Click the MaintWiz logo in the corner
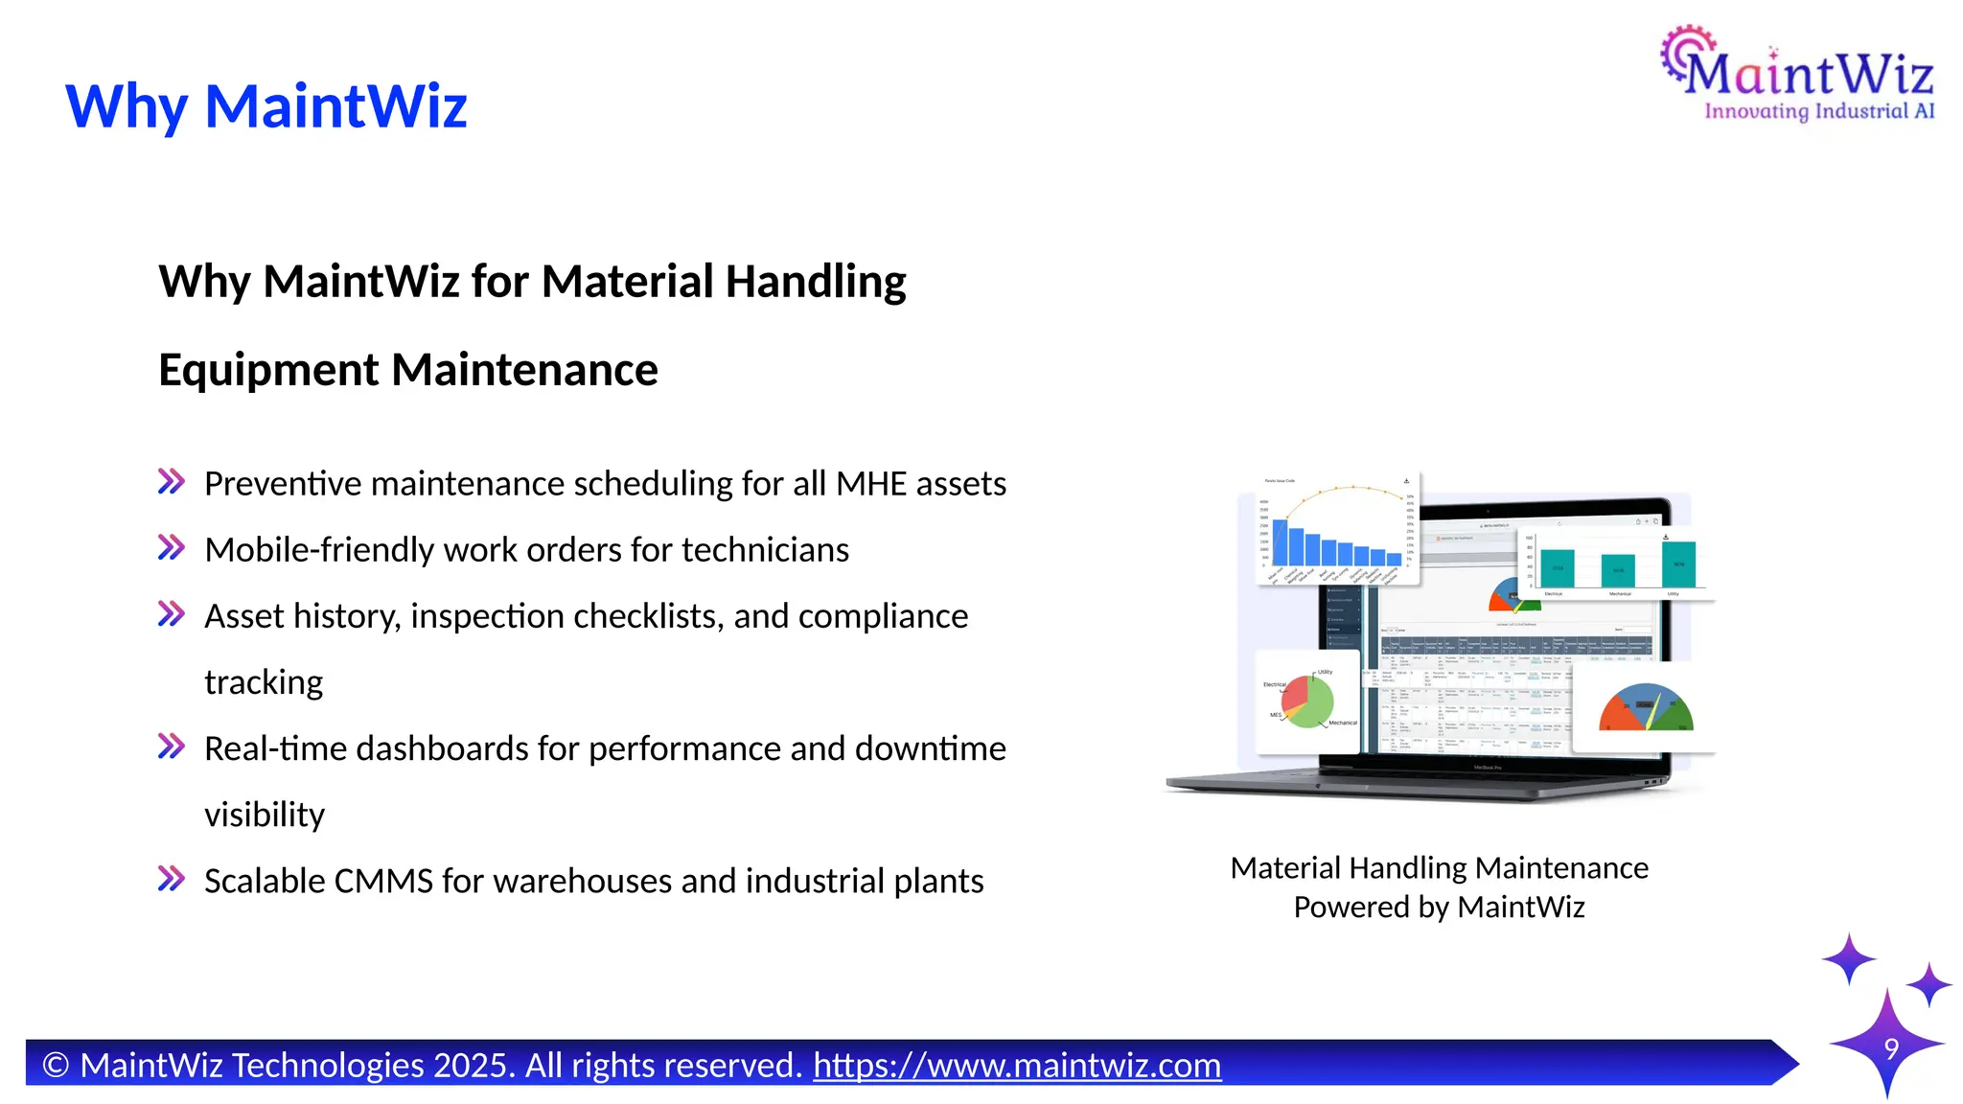pos(1798,75)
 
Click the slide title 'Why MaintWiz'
pos(266,105)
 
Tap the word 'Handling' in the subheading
pos(816,282)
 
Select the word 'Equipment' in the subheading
pos(268,370)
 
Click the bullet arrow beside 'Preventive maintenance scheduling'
pos(172,481)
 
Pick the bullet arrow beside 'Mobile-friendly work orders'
pos(172,548)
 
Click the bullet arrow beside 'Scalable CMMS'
pos(172,878)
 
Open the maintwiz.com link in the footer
pos(1016,1065)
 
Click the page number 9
pos(1891,1048)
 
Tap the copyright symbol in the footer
pos(56,1066)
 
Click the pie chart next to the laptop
pos(1307,701)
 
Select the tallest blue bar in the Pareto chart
pos(1280,542)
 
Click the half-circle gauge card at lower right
pos(1645,707)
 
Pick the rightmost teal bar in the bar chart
pos(1678,563)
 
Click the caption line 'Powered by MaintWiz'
pos(1439,907)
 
